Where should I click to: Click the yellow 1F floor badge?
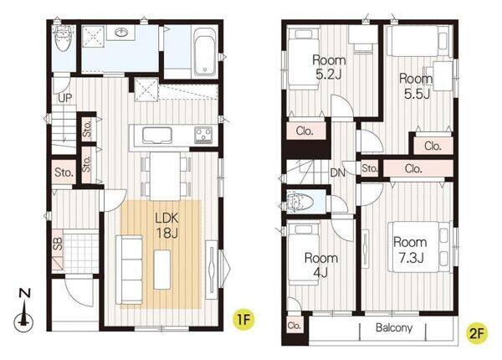tap(243, 319)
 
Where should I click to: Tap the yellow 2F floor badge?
tap(476, 334)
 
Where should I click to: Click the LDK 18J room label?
tap(166, 225)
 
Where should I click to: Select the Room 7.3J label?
tap(410, 249)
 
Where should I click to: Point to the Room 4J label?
tap(320, 265)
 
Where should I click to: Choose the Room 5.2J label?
tap(329, 67)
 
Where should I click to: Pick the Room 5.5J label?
tap(416, 86)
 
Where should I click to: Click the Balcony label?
tap(394, 327)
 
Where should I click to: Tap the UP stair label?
tap(64, 98)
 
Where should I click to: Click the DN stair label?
tap(338, 173)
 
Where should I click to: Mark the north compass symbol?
tap(23, 311)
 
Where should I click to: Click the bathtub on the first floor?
tap(205, 52)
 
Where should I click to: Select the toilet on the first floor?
tap(64, 39)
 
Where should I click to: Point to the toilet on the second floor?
tap(300, 202)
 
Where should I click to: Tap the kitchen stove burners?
tap(203, 135)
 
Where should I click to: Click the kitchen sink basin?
tap(157, 135)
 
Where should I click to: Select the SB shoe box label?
tap(58, 244)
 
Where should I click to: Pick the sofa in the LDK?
tap(129, 270)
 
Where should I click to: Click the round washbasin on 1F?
tap(121, 33)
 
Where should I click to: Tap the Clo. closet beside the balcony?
tap(294, 326)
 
